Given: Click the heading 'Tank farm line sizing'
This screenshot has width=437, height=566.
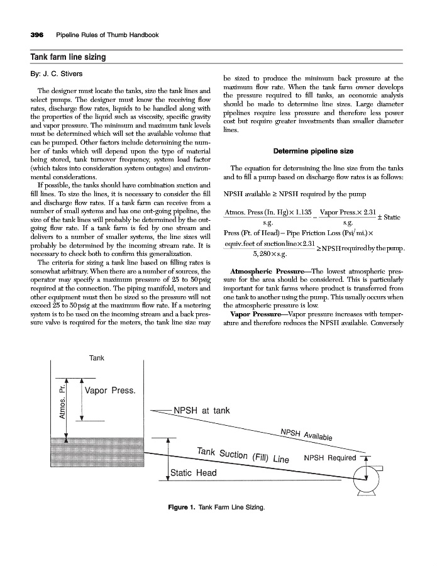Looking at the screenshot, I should coord(68,57).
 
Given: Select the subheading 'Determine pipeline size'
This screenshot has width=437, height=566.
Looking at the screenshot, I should coord(313,151).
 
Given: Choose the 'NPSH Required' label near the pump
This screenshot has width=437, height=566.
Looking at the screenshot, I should coord(329,458).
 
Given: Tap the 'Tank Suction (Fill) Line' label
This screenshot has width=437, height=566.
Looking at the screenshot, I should coord(242,455).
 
